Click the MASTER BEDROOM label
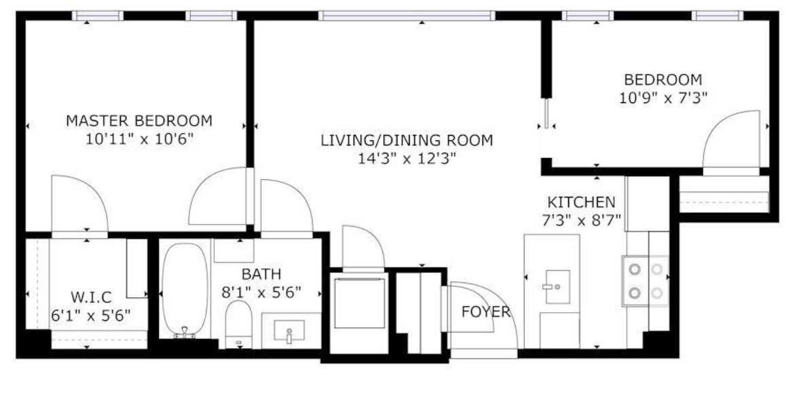[139, 121]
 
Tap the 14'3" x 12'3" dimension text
[407, 159]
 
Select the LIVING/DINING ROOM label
[406, 140]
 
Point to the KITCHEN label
[581, 202]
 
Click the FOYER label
[486, 311]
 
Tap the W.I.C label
[91, 297]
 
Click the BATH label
[261, 274]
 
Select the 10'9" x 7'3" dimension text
[662, 98]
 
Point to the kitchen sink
[557, 287]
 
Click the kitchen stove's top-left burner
[635, 269]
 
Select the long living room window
[407, 16]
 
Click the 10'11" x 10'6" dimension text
[140, 139]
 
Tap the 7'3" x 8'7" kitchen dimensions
[581, 221]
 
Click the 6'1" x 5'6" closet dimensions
[91, 316]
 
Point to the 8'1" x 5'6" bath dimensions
[261, 292]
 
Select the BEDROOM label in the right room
[662, 80]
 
